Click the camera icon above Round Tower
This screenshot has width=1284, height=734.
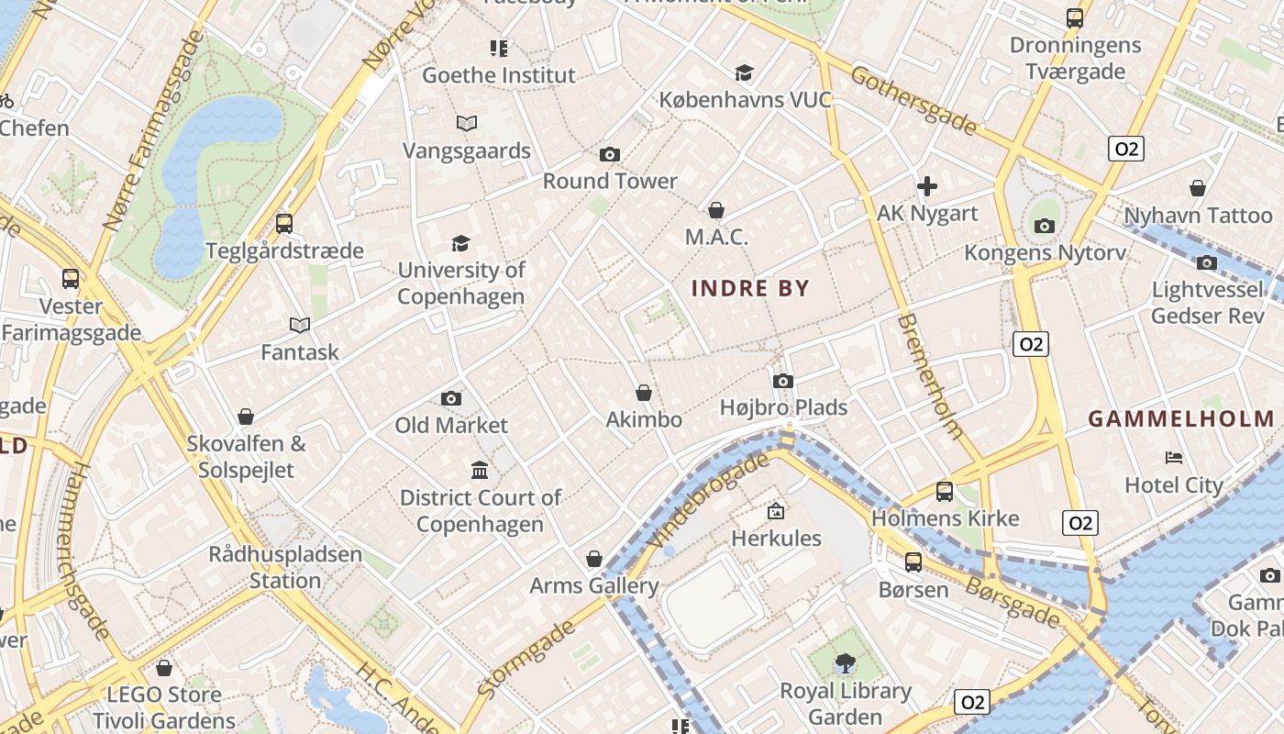coord(609,154)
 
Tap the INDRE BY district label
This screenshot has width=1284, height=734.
coord(750,288)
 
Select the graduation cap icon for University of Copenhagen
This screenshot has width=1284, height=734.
coord(460,243)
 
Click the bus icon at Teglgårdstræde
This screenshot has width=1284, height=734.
coord(284,223)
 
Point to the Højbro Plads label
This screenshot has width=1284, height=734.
coord(783,406)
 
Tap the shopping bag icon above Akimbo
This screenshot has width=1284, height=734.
coord(644,393)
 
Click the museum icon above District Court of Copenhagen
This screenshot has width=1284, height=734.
coord(480,471)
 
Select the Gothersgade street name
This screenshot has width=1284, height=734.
coord(913,100)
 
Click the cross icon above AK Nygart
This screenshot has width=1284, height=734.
coord(927,186)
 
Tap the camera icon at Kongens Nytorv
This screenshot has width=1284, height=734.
coord(1044,226)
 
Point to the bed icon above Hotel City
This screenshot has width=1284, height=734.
coord(1174,457)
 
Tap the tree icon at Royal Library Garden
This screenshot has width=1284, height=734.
coord(845,662)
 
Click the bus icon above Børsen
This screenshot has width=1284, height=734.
coord(913,562)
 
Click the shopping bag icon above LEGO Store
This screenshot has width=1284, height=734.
coord(164,668)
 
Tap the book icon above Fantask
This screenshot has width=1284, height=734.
coord(299,325)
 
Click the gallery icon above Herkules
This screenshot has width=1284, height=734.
coord(776,511)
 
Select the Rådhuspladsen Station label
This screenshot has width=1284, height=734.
coord(285,567)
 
